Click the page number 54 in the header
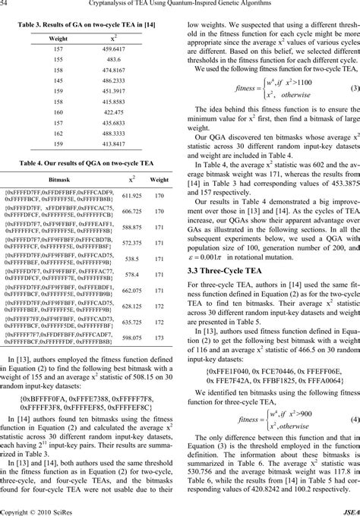[x=5, y=5]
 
